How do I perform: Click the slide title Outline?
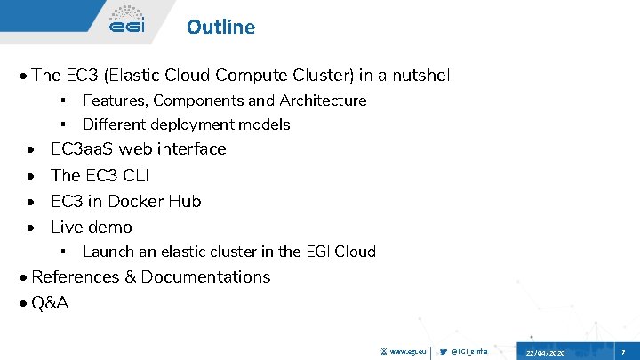point(220,27)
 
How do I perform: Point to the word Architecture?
point(323,100)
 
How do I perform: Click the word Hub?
point(186,201)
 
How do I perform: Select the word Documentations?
point(205,276)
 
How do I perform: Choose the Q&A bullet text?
point(50,302)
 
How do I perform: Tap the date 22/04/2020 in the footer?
point(544,353)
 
